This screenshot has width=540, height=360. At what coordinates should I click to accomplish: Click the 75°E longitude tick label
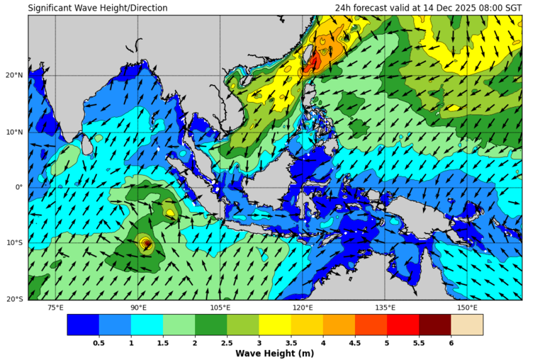[x=55, y=308]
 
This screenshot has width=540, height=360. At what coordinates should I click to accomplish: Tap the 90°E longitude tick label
[x=138, y=308]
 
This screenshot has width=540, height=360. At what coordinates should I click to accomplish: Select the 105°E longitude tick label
[x=220, y=308]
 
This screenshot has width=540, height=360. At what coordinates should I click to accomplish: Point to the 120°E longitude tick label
[x=303, y=308]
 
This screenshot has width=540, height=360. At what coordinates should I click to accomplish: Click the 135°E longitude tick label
[x=385, y=308]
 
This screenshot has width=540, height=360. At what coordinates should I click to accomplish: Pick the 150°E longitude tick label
[x=467, y=308]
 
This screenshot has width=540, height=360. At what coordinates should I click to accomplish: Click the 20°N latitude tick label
[x=16, y=75]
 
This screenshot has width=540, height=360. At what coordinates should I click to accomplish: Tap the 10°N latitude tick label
[x=16, y=131]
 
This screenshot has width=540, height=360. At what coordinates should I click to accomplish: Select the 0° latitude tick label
[x=20, y=187]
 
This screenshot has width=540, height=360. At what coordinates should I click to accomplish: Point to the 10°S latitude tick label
[x=16, y=243]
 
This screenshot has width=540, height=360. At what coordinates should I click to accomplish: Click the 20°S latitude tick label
[x=16, y=299]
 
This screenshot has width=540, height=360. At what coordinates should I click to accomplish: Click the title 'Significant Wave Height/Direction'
[x=98, y=8]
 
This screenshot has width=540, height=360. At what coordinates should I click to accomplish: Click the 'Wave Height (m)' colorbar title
[x=275, y=353]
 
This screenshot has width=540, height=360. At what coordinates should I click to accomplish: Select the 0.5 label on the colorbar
[x=99, y=343]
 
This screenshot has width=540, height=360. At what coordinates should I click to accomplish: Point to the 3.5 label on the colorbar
[x=291, y=343]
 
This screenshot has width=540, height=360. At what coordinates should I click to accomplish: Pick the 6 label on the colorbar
[x=451, y=343]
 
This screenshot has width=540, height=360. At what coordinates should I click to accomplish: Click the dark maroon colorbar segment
[x=434, y=325]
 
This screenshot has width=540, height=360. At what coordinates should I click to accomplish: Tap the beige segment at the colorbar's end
[x=467, y=325]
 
